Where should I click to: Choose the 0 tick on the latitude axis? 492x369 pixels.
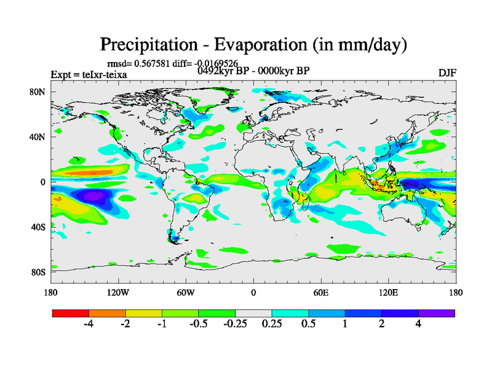44,182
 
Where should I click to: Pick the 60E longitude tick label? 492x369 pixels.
320,292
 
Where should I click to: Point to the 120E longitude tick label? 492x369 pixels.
388,292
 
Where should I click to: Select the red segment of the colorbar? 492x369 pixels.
71,313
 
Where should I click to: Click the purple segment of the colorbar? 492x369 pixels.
437,313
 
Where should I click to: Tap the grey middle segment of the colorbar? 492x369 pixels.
253,313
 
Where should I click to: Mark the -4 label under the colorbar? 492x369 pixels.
89,324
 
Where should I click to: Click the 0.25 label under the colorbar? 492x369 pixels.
271,324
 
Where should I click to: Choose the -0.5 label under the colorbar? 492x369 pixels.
198,324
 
